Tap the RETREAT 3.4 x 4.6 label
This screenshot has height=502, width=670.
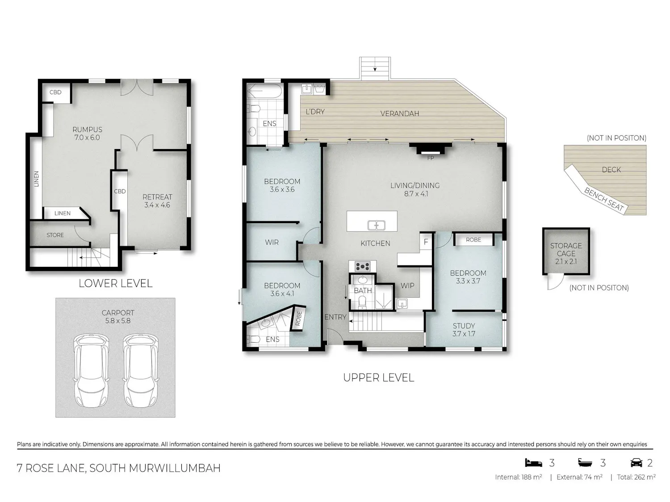(157, 201)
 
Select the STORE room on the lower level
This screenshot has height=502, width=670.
(55, 235)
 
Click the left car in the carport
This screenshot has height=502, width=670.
(91, 371)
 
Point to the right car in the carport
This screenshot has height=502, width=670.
(141, 371)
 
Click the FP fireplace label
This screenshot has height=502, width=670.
(431, 158)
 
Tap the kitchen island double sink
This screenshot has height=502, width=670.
(377, 225)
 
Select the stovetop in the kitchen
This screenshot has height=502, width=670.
(363, 267)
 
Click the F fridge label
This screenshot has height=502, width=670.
(426, 242)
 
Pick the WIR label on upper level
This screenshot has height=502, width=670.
(272, 242)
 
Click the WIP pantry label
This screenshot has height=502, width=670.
(407, 286)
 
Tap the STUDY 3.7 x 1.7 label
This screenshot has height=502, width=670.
(464, 330)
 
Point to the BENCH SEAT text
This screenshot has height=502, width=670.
(604, 199)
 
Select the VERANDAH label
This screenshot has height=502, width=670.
(400, 114)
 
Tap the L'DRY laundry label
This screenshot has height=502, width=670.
(315, 112)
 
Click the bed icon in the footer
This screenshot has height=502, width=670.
(534, 463)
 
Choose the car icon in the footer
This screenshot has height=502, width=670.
(636, 463)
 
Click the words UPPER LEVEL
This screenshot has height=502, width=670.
(378, 378)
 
